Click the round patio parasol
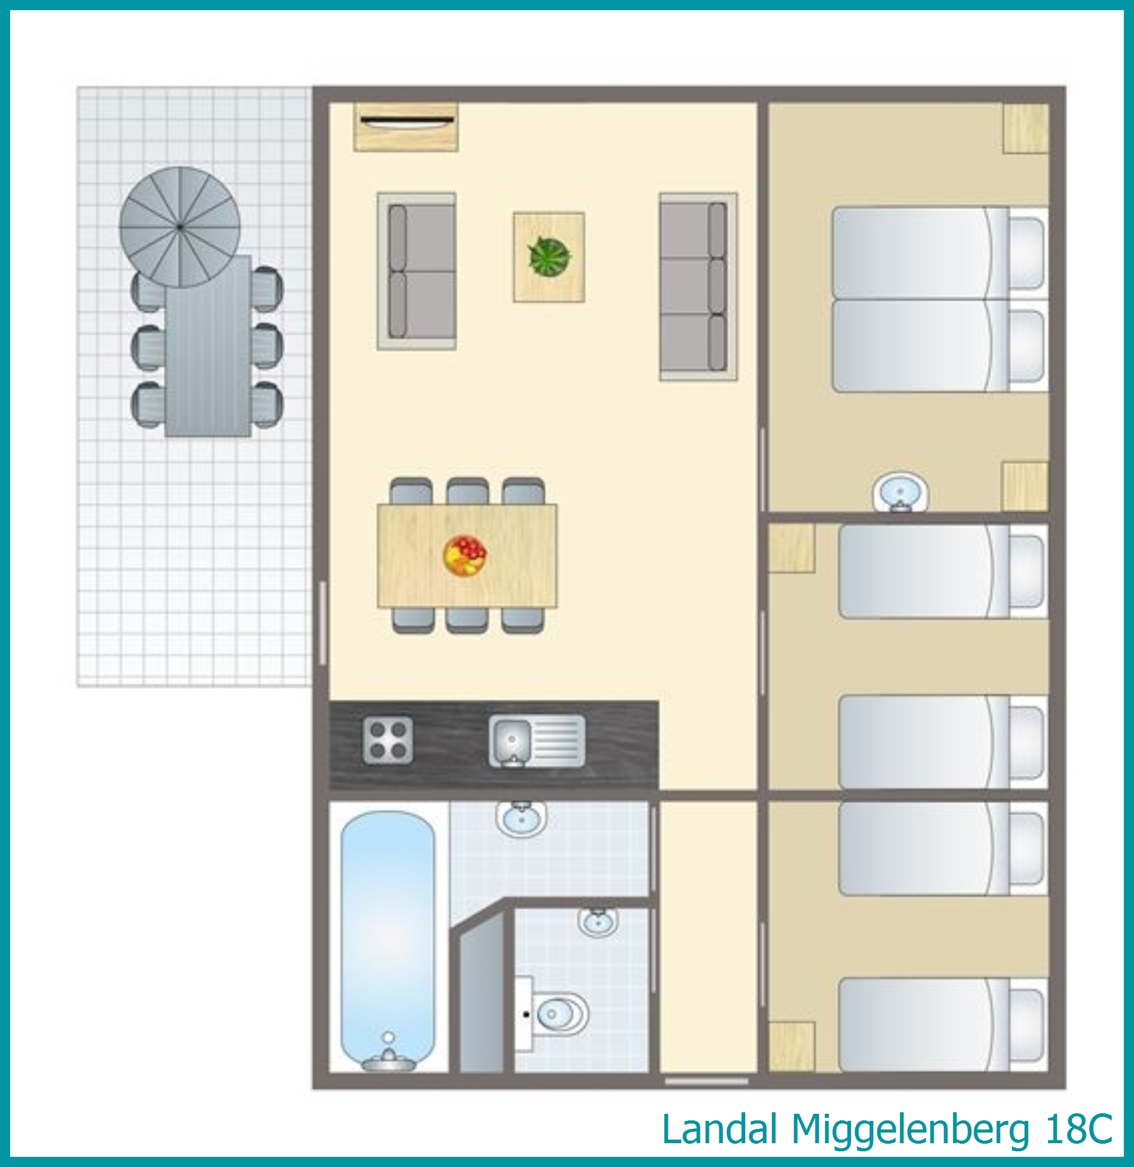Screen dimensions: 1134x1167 click(180, 227)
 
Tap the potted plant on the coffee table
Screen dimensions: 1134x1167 click(549, 256)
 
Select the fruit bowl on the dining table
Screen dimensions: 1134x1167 click(465, 555)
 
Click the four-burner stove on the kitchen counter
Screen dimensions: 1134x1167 click(388, 740)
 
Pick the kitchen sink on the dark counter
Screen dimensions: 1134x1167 click(537, 740)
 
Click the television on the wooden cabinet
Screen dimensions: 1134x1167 click(406, 122)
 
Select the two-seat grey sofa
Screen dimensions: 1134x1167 click(417, 271)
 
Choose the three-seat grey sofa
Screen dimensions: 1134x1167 click(698, 286)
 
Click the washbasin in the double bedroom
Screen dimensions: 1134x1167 click(901, 493)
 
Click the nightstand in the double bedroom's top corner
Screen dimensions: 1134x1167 click(1026, 129)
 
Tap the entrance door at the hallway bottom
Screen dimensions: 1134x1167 click(706, 1080)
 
